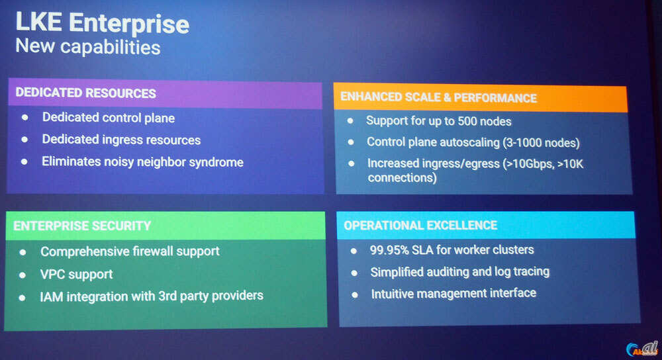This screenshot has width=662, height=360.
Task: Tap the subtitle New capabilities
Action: coord(88,47)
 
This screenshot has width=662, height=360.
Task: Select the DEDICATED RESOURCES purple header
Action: coord(86,93)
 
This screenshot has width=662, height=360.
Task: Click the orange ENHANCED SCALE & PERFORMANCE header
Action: coord(438,98)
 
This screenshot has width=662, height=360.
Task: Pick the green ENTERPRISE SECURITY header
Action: coord(82,226)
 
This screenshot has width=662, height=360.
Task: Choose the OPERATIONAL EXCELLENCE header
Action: coord(420,226)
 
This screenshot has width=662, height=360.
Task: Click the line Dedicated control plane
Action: coord(109,118)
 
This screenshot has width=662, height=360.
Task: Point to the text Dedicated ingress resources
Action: coord(121,140)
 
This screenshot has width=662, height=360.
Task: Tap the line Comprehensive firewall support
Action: coord(130,251)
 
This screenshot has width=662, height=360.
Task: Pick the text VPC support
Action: coord(77,274)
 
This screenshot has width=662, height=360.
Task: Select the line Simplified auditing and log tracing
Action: coord(459,271)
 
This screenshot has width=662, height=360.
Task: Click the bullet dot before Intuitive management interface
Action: coord(355,294)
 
